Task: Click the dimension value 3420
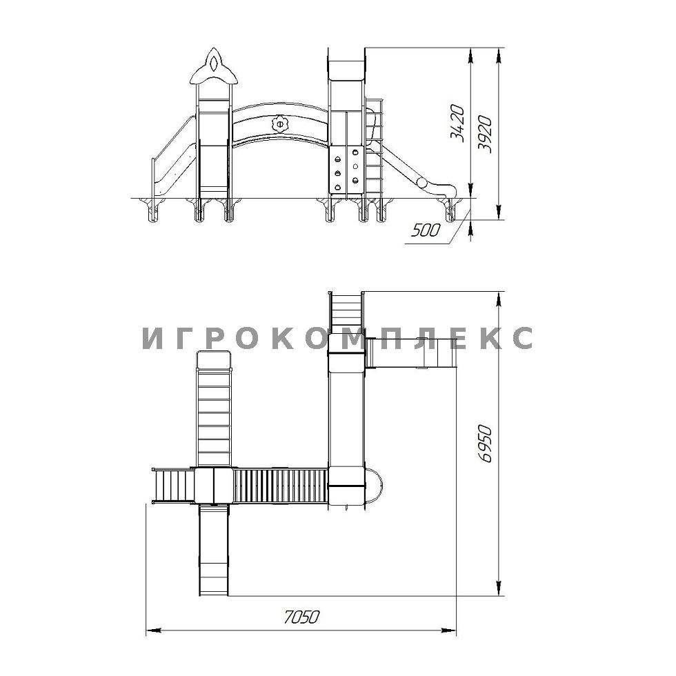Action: [x=457, y=123]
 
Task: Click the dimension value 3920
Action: [x=484, y=134]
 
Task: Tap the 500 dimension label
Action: [x=426, y=230]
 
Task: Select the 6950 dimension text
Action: [x=485, y=444]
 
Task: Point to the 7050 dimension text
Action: [x=302, y=617]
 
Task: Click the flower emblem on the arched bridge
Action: [x=279, y=125]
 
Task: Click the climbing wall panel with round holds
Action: [x=346, y=170]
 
